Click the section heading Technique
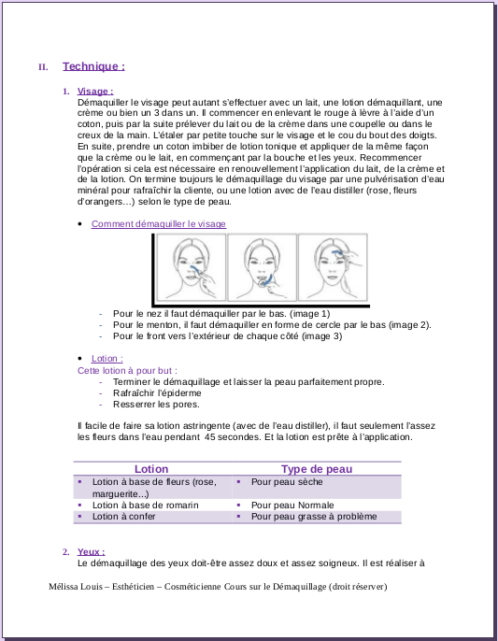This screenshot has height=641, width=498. [93, 66]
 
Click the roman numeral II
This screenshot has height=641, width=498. [43, 67]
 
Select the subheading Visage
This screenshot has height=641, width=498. [95, 92]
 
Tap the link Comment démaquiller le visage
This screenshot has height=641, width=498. [159, 224]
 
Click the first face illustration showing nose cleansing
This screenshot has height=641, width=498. [192, 267]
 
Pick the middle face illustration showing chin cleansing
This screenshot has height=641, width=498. [263, 267]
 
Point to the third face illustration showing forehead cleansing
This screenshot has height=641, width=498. [333, 267]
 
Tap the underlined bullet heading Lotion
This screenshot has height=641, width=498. [107, 359]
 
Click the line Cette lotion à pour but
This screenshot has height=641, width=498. [128, 371]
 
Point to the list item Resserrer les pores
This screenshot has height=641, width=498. [156, 405]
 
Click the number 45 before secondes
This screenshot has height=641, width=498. [209, 437]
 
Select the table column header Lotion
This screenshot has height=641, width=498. [151, 469]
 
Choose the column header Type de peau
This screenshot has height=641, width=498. [317, 469]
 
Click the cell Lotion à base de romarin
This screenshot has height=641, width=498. [145, 506]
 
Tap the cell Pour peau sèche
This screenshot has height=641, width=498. [287, 482]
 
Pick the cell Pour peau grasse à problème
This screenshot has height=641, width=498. [314, 517]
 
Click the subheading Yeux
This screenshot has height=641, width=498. [92, 552]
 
